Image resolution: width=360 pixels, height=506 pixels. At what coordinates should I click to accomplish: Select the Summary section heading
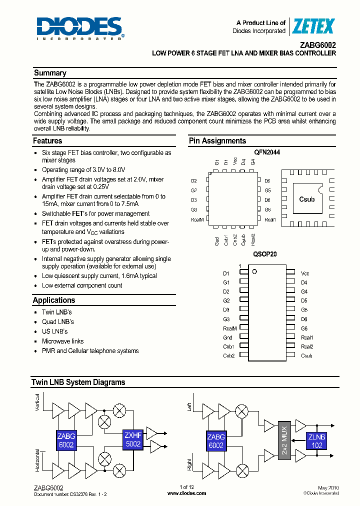[x=49, y=73]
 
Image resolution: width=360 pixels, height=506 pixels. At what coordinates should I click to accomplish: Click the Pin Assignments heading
[x=217, y=141]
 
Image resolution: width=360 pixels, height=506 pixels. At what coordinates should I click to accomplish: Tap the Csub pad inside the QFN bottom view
[x=306, y=199]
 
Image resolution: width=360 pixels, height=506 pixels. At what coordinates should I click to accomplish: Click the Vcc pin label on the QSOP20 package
[x=305, y=273]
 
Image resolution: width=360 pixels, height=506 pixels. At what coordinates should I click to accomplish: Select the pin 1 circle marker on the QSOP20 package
[x=254, y=271]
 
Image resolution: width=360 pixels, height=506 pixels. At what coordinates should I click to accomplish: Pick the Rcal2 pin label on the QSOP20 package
[x=307, y=346]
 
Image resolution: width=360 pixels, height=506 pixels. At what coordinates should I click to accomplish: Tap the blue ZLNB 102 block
[x=316, y=440]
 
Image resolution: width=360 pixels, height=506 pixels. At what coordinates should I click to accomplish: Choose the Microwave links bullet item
[x=62, y=341]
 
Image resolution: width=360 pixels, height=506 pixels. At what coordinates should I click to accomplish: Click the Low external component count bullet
[x=82, y=285]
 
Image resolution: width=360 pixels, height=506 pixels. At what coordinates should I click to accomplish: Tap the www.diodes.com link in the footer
[x=186, y=493]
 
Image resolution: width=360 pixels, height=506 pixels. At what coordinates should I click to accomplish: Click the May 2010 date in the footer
[x=328, y=487]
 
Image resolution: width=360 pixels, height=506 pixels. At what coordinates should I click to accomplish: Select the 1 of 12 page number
[x=186, y=487]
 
